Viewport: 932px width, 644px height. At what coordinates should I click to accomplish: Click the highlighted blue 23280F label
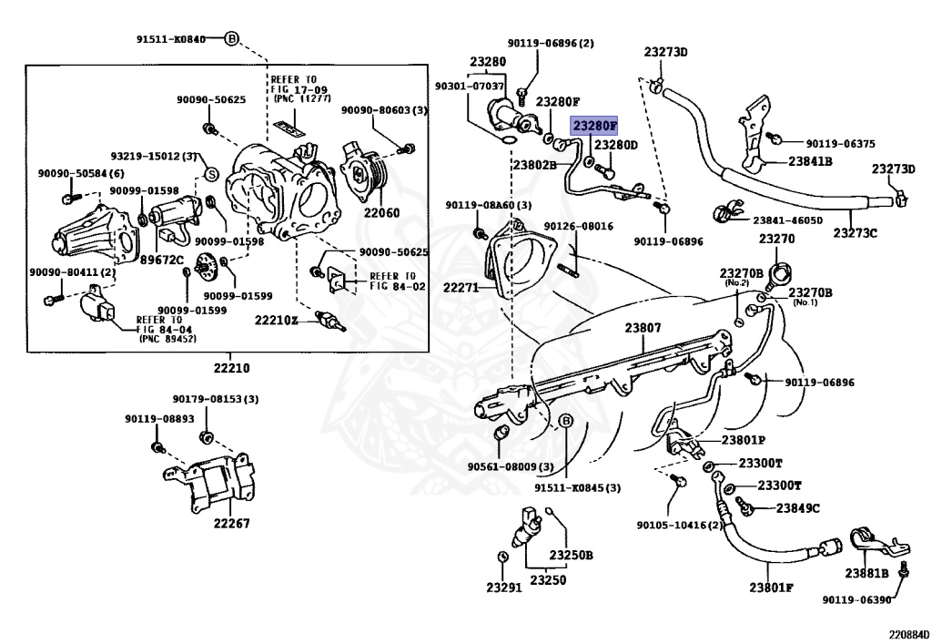pyautogui.click(x=594, y=125)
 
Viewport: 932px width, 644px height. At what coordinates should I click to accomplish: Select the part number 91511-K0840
pyautogui.click(x=171, y=39)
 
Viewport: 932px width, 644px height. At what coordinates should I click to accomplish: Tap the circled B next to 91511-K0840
pyautogui.click(x=231, y=39)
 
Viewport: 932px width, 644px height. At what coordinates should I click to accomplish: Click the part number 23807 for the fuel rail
pyautogui.click(x=642, y=328)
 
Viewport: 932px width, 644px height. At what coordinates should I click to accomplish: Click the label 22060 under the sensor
pyautogui.click(x=381, y=212)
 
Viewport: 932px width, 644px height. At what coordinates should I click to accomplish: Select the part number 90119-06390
pyautogui.click(x=856, y=599)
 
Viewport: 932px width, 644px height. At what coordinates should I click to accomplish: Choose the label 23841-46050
pyautogui.click(x=787, y=220)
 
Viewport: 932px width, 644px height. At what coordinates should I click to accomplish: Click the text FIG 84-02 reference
pyautogui.click(x=397, y=286)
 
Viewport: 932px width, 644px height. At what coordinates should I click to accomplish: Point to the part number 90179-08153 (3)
pyautogui.click(x=216, y=399)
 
